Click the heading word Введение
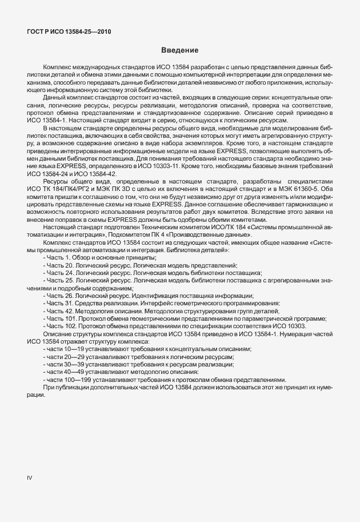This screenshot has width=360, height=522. [179, 50]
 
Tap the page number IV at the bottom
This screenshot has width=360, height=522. [30, 477]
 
